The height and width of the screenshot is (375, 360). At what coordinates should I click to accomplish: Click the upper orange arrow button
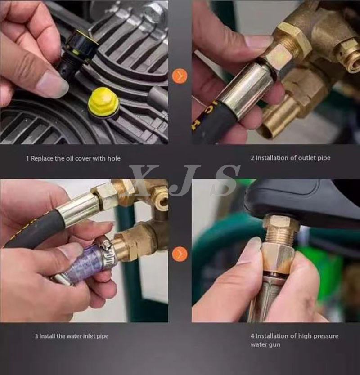pyautogui.click(x=180, y=76)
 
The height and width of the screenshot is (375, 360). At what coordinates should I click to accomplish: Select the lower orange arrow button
pyautogui.click(x=180, y=254)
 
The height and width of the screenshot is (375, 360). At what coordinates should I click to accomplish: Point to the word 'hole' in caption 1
pyautogui.click(x=114, y=158)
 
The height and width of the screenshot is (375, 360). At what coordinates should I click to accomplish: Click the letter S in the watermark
pyautogui.click(x=225, y=180)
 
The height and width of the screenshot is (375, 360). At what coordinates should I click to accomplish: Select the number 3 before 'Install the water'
pyautogui.click(x=36, y=336)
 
